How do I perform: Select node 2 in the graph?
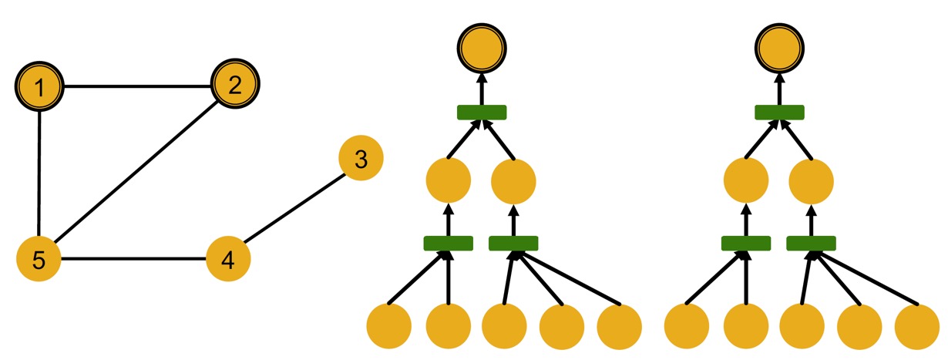click(236, 83)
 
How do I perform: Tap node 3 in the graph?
click(361, 160)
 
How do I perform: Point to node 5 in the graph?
click(39, 259)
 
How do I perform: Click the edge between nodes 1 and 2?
click(137, 85)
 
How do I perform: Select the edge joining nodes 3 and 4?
click(295, 209)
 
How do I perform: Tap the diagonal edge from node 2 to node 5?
click(137, 170)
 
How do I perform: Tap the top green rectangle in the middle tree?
click(482, 113)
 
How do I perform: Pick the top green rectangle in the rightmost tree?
click(779, 113)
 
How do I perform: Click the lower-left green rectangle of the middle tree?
click(449, 244)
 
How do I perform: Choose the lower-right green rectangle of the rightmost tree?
click(811, 244)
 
